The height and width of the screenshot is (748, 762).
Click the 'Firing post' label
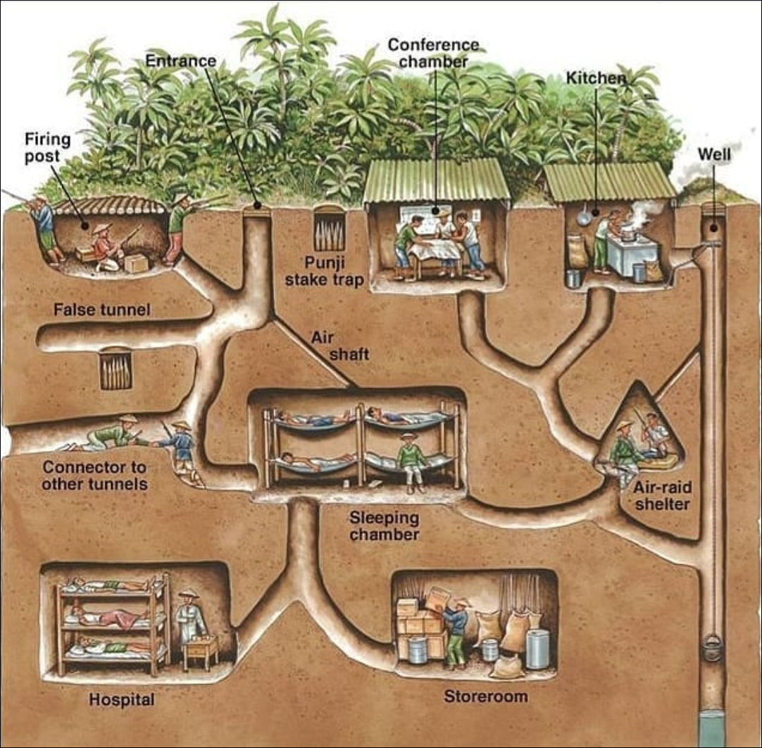click(x=48, y=147)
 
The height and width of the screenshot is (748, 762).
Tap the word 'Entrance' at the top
click(x=180, y=61)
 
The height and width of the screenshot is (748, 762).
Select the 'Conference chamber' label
click(x=434, y=53)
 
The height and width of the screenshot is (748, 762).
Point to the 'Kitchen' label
click(x=596, y=78)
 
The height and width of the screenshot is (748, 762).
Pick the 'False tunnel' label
click(x=101, y=309)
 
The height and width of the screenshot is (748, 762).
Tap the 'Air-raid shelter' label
click(x=661, y=494)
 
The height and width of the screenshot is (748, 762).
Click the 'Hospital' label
click(x=121, y=699)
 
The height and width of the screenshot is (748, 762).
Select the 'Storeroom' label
click(x=485, y=697)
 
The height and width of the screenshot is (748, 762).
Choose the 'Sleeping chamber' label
click(x=385, y=526)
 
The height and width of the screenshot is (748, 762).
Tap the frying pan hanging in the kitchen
click(x=584, y=217)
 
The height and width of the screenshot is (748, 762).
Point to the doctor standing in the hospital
click(x=190, y=620)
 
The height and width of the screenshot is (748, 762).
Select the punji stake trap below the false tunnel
click(x=115, y=369)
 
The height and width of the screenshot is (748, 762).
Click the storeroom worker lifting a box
click(x=454, y=627)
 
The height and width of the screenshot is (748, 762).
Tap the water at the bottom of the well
click(x=713, y=725)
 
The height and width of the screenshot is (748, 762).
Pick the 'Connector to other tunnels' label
click(x=94, y=475)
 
